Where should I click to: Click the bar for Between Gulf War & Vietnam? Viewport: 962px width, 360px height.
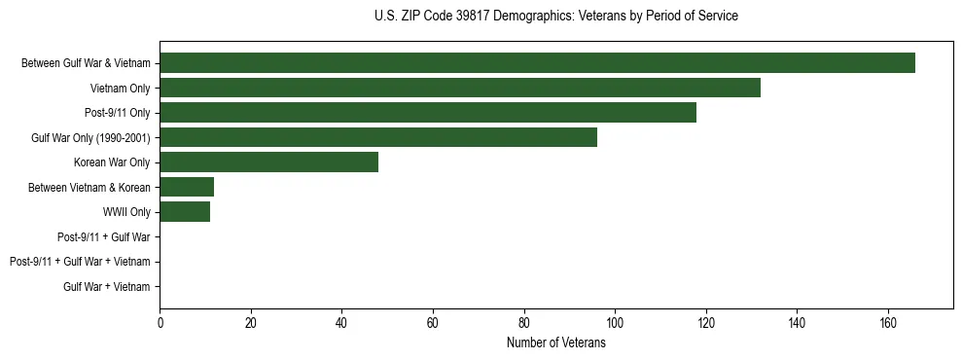537,63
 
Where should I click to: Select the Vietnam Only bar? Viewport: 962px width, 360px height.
460,88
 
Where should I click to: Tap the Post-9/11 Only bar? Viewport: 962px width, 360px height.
428,113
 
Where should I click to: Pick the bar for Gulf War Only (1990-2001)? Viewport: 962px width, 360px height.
378,137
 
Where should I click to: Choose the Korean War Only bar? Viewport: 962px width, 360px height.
268,162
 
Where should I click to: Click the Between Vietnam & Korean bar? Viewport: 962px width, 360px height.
187,187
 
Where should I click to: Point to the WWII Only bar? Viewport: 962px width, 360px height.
185,212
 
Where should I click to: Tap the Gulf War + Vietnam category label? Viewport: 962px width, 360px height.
107,286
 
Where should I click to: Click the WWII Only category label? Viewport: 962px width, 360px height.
126,212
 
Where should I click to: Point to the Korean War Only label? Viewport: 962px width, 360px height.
112,162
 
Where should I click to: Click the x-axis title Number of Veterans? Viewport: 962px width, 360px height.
556,343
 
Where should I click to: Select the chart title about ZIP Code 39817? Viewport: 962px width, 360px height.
556,17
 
